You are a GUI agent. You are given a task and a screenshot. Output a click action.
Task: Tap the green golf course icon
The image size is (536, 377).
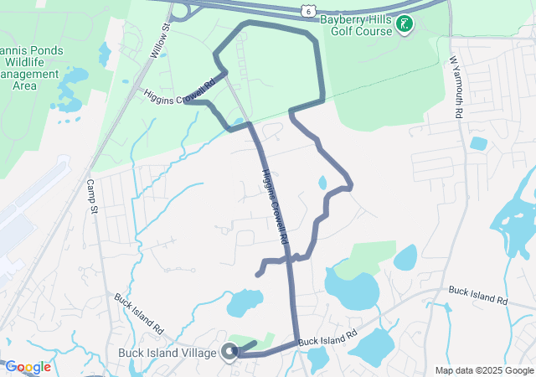pyautogui.click(x=405, y=23)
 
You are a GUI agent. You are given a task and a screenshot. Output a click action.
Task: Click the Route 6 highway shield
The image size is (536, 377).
pyautogui.click(x=309, y=9)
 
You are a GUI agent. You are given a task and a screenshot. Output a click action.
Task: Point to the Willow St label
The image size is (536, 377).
pyautogui.click(x=159, y=39)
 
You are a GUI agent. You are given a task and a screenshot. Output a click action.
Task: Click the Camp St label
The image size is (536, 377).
pyautogui.click(x=91, y=195)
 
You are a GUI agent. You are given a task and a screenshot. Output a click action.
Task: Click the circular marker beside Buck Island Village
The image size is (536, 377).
pyautogui.click(x=229, y=353)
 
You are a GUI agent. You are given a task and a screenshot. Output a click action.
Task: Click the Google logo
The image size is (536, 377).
pyautogui.click(x=28, y=367)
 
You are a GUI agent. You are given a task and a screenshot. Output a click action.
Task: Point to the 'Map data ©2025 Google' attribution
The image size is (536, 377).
pyautogui.click(x=483, y=370)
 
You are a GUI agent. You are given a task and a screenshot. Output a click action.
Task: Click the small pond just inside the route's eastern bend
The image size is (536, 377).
pyautogui.click(x=322, y=182)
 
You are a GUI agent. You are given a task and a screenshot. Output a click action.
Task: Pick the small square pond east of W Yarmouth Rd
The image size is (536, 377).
pyautogui.click(x=478, y=143)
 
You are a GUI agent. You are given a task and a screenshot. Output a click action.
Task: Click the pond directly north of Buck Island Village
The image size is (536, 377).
pyautogui.click(x=245, y=302)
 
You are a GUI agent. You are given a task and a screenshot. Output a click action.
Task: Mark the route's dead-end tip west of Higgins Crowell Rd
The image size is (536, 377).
pyautogui.click(x=257, y=274)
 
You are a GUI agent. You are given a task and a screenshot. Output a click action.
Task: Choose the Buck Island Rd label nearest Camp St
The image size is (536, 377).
pyautogui.click(x=138, y=311)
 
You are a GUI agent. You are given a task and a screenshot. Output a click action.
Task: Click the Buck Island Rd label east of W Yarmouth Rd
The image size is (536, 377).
pyautogui.click(x=478, y=295)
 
